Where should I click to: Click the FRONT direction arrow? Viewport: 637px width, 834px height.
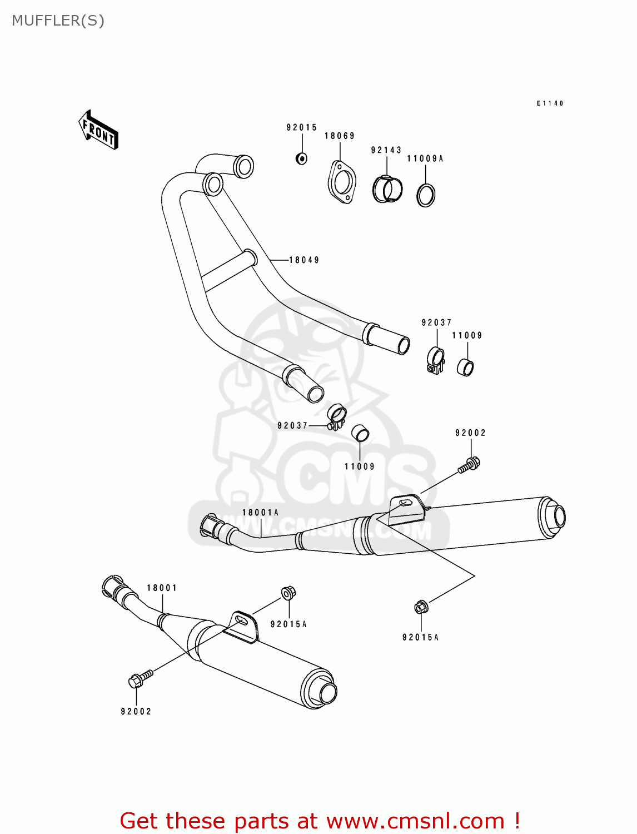click(x=98, y=131)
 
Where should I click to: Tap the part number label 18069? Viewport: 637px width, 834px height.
click(x=339, y=136)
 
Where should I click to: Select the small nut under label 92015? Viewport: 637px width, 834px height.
click(x=301, y=158)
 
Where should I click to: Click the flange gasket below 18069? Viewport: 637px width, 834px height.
click(x=341, y=182)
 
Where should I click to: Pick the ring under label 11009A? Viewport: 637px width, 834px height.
click(x=426, y=195)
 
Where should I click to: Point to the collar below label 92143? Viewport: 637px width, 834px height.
click(x=387, y=189)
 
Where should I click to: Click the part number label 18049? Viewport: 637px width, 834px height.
click(x=303, y=260)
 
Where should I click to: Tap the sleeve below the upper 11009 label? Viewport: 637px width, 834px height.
click(x=465, y=368)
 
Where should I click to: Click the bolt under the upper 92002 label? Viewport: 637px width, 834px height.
click(x=469, y=465)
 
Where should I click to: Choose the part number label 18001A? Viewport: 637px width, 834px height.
click(x=260, y=513)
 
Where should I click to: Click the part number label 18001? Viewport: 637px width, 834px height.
click(x=162, y=588)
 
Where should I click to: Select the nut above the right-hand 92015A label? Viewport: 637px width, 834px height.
click(x=421, y=607)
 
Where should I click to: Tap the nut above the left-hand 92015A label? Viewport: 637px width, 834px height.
click(x=288, y=593)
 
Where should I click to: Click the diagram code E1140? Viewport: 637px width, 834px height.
click(x=550, y=103)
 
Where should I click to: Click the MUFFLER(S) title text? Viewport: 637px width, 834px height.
click(x=58, y=21)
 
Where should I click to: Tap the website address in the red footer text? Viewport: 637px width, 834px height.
click(x=415, y=821)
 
